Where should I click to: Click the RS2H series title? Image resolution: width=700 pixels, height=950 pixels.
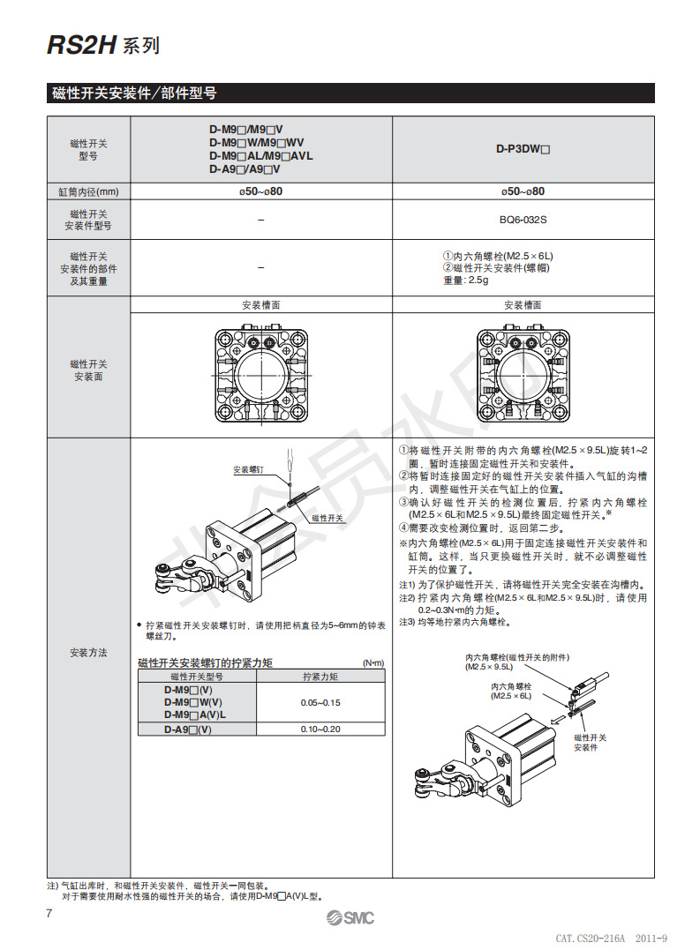click(103, 46)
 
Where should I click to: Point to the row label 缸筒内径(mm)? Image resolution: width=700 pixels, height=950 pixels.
click(88, 191)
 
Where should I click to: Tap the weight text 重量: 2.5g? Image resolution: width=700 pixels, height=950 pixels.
click(465, 281)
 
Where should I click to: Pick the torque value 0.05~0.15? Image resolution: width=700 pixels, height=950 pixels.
click(320, 702)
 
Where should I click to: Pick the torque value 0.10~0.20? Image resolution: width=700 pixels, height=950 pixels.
click(320, 729)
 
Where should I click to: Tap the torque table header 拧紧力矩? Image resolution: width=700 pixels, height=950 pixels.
click(320, 677)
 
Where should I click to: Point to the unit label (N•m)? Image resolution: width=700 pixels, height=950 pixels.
click(374, 662)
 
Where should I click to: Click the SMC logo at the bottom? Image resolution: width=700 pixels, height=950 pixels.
click(350, 918)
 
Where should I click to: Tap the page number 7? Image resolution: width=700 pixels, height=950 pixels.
click(49, 913)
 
